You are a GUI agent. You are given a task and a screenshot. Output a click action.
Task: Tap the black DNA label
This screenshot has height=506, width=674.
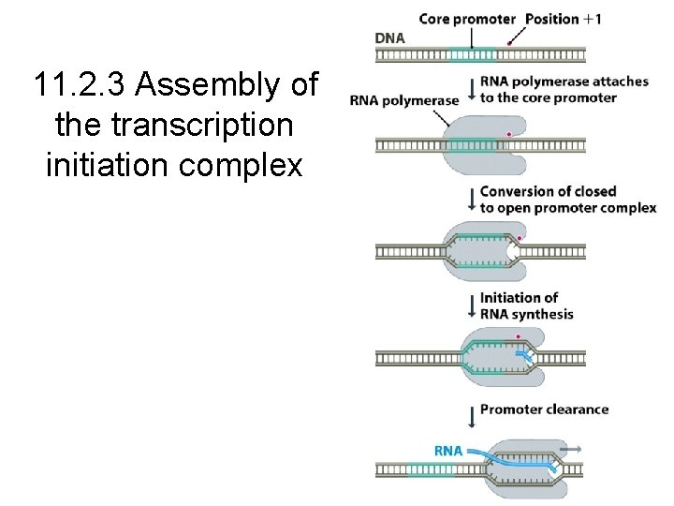[391, 37]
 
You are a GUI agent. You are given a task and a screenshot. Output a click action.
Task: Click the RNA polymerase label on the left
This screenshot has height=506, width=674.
[404, 100]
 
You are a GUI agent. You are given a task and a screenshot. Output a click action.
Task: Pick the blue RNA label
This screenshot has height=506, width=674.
[447, 450]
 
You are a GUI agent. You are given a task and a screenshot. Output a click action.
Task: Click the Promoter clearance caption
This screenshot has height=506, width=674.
[544, 409]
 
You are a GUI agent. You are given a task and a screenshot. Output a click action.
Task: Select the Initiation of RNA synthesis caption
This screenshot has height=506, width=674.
[526, 305]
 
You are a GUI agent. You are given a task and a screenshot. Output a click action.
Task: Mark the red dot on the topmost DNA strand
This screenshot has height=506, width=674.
[508, 41]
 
